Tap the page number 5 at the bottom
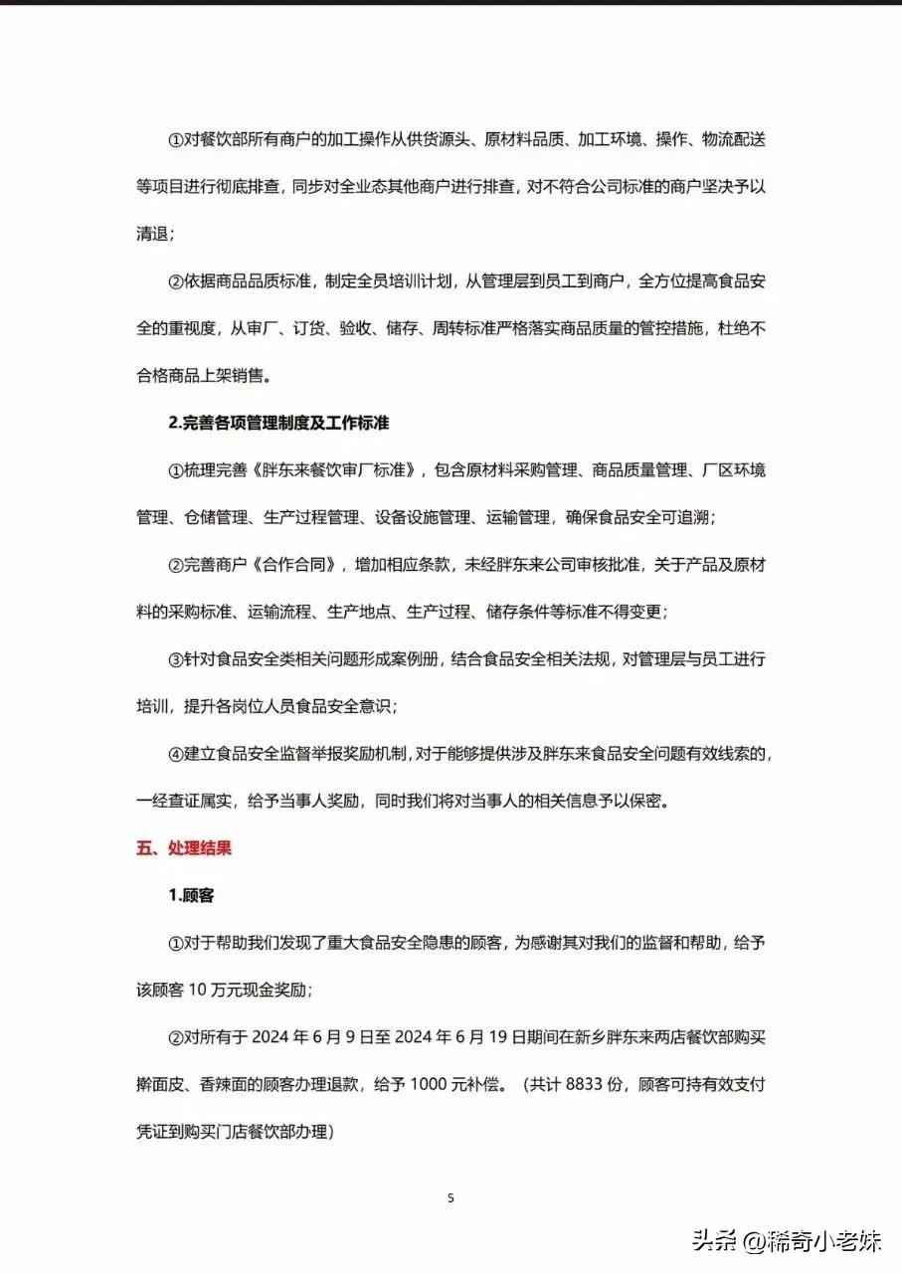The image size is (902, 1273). pos(451,1198)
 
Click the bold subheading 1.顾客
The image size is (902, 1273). pos(191,895)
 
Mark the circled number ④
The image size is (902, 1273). pos(175,754)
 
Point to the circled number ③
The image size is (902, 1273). pos(175,659)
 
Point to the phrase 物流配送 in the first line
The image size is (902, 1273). pos(730,140)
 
